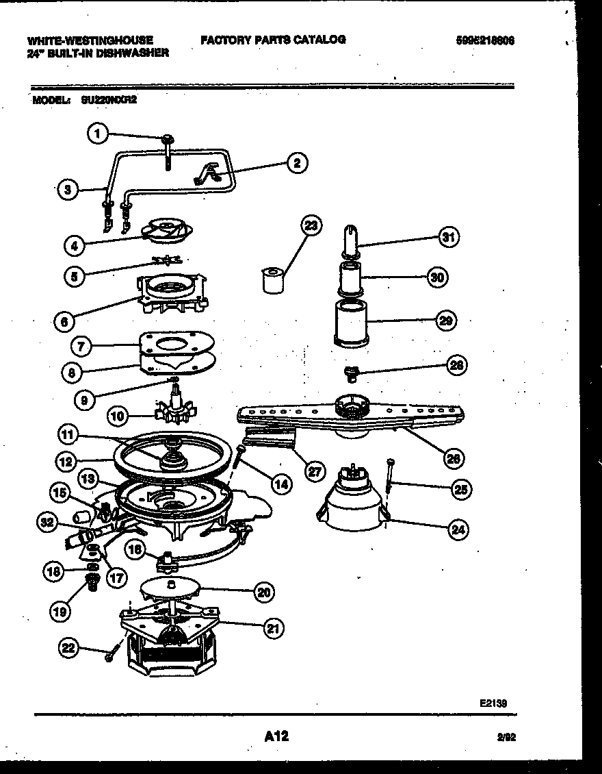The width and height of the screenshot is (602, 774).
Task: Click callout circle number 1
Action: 99,134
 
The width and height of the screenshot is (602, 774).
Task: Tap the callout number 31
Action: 448,238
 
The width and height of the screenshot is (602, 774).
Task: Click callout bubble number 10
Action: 118,416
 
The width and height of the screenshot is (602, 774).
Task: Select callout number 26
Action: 453,458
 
